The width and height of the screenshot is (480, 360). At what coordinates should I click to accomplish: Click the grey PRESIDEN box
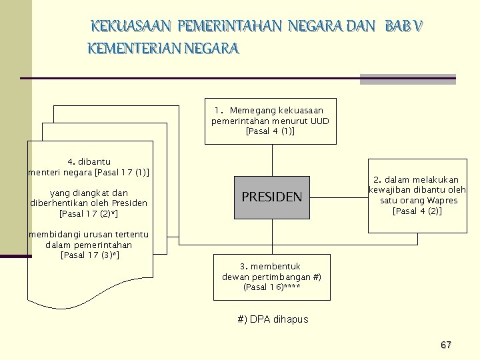click(x=271, y=197)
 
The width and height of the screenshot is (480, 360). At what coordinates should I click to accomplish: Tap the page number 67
click(x=446, y=345)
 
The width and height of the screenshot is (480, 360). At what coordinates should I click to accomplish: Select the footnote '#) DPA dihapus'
click(x=273, y=319)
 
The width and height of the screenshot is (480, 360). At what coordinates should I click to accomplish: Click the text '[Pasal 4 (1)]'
click(x=270, y=131)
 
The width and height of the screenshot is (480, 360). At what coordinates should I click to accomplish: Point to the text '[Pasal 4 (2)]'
click(x=417, y=211)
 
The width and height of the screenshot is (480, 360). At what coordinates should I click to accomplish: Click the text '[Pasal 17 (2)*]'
click(x=89, y=214)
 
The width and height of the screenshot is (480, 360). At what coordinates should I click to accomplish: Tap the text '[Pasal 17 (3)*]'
click(x=90, y=255)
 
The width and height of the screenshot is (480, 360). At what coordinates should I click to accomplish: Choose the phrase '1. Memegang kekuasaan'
click(x=269, y=110)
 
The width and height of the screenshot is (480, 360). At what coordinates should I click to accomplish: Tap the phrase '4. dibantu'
click(x=89, y=161)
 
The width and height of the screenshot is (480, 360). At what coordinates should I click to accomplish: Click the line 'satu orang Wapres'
click(x=417, y=201)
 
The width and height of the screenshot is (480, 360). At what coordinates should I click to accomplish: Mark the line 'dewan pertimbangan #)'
click(x=271, y=277)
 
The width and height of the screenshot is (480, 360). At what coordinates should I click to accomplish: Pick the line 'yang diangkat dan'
click(x=89, y=193)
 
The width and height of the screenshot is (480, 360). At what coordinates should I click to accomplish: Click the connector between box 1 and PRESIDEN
click(x=271, y=160)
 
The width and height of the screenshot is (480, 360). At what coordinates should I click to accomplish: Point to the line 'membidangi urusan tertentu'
click(x=88, y=234)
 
